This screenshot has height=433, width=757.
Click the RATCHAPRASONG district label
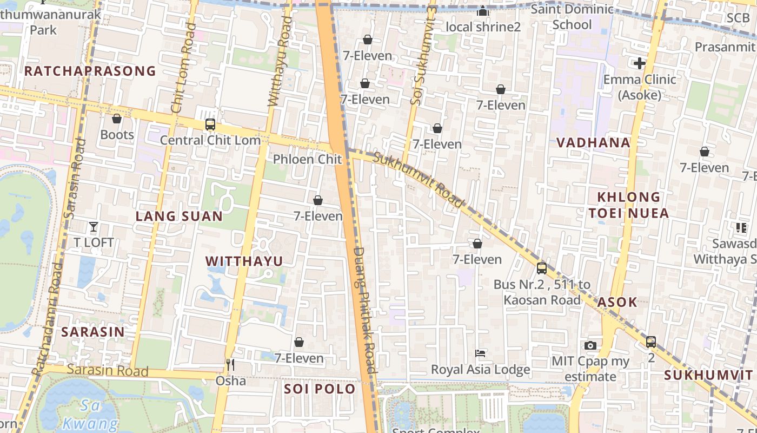(90, 71)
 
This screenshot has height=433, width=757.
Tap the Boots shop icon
(117, 119)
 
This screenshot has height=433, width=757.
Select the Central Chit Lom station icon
(210, 124)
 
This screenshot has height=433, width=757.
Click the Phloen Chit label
(307, 159)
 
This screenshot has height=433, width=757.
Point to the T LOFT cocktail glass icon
(94, 226)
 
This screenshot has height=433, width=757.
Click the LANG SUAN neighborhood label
(179, 216)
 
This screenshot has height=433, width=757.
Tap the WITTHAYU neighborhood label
(244, 261)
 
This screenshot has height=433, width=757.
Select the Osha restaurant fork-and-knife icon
(230, 365)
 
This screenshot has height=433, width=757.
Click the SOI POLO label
(320, 389)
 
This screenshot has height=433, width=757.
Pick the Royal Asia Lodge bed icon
(480, 353)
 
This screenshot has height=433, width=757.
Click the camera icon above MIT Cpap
(590, 345)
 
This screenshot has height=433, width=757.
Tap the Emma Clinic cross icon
(640, 63)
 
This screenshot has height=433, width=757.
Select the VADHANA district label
(594, 143)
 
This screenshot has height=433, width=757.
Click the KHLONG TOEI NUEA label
(629, 205)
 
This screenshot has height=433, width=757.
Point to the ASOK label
(617, 303)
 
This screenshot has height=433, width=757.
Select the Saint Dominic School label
(572, 17)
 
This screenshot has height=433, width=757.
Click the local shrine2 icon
(483, 11)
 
